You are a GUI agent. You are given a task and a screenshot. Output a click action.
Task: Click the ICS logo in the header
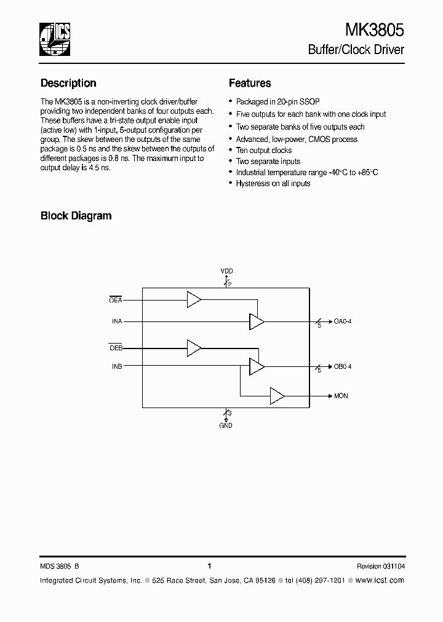(56, 40)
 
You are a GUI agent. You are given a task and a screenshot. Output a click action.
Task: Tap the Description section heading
(68, 83)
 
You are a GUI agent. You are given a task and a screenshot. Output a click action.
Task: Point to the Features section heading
(250, 83)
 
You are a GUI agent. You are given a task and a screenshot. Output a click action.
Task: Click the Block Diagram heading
(76, 216)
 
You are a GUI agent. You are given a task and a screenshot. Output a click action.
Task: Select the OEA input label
(116, 300)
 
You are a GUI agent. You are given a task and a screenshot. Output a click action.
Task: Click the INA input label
(116, 321)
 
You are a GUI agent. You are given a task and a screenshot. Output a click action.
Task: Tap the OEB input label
(116, 348)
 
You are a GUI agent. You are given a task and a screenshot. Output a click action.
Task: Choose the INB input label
(116, 366)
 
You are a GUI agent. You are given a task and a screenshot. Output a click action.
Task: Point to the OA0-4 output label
(343, 321)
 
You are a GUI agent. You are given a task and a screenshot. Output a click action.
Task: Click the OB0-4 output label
(343, 367)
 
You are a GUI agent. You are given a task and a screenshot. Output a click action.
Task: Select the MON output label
(341, 396)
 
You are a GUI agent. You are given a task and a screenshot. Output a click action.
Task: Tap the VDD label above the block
(226, 271)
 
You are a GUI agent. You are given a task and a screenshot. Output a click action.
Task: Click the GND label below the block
(226, 425)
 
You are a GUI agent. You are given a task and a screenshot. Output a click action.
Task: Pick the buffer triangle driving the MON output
(277, 396)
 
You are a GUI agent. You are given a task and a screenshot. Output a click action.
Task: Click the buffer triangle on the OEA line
(194, 300)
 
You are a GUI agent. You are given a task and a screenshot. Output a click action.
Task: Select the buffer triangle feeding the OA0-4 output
(256, 321)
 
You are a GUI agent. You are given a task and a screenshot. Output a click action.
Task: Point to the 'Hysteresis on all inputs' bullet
(273, 183)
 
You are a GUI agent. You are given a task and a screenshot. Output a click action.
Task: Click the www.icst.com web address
(380, 580)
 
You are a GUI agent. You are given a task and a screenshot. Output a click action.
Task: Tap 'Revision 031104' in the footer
(380, 566)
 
